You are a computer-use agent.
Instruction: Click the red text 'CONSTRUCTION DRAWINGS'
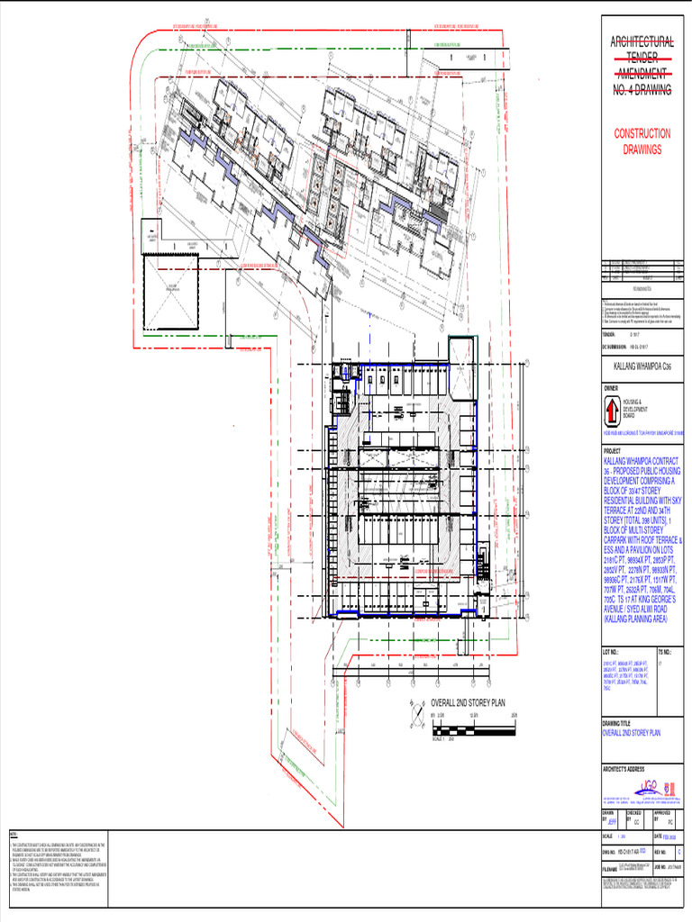(x=642, y=141)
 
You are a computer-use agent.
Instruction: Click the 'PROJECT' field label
(x=613, y=452)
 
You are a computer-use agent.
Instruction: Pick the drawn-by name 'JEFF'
(x=613, y=821)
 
